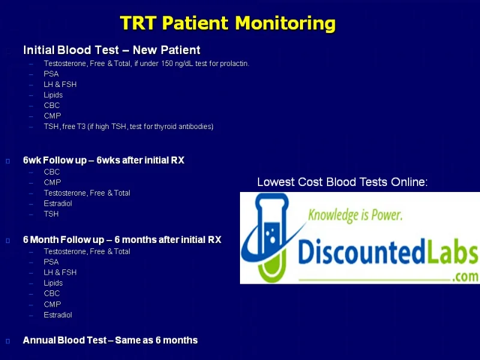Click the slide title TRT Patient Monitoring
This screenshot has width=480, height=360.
tap(228, 23)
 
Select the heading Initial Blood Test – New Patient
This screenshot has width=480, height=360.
tap(112, 50)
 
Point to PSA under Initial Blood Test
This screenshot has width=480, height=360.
tap(51, 74)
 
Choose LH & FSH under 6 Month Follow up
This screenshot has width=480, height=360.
tap(60, 272)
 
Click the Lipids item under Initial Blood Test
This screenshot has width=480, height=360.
tap(53, 95)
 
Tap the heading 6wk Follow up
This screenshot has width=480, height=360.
tap(55, 160)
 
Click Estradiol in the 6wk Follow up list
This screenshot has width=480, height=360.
tap(58, 203)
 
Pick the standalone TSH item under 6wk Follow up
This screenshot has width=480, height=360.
tap(51, 214)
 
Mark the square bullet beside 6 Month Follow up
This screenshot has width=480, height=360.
tap(8, 241)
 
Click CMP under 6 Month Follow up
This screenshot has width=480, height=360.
tap(52, 304)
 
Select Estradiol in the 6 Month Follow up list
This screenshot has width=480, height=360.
tap(58, 315)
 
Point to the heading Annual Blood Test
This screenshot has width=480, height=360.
tap(65, 340)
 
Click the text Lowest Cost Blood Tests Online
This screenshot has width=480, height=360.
tap(342, 182)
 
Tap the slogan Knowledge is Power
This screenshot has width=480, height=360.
tap(355, 215)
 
